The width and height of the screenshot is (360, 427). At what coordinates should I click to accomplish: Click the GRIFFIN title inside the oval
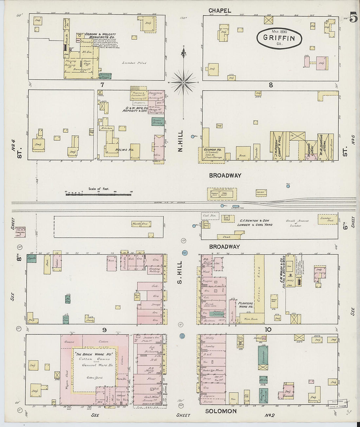tap(279, 38)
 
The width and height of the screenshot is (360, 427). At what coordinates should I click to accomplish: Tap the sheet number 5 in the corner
tap(353, 17)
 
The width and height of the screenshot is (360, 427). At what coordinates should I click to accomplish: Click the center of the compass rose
tap(184, 82)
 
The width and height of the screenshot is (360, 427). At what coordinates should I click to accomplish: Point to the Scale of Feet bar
tap(98, 194)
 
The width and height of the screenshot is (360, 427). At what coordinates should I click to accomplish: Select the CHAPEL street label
tap(220, 10)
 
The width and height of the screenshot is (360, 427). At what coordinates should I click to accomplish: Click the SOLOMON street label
tap(221, 411)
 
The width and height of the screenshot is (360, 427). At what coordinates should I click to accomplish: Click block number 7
tap(102, 85)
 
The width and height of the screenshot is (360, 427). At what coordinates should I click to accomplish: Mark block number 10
tap(268, 329)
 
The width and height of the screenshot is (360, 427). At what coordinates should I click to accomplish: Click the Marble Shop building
tap(141, 224)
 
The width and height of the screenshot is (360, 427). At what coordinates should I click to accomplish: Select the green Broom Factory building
tap(158, 121)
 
